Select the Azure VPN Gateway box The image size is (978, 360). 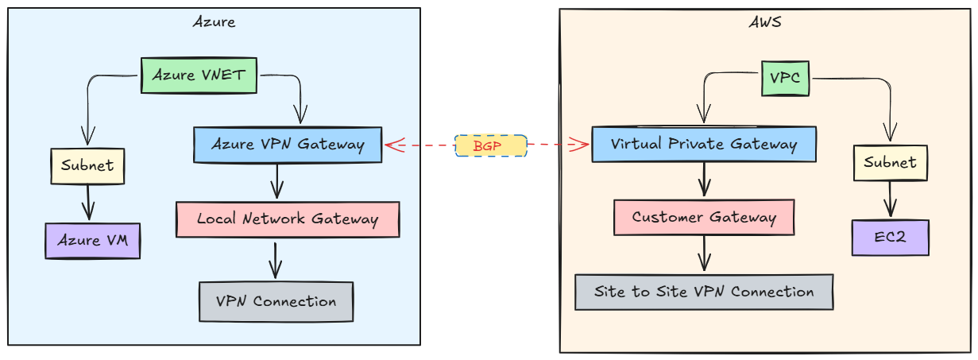288,145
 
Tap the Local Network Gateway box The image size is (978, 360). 287,219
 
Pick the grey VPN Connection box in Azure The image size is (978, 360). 276,302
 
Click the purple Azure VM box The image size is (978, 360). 92,240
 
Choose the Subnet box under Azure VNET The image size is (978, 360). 87,166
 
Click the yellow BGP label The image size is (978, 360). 490,145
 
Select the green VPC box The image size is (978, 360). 785,78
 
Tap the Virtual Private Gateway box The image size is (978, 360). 703,144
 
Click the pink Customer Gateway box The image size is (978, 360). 704,217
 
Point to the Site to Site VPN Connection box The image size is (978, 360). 704,292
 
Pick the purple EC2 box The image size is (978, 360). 890,238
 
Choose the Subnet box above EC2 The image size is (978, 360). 890,162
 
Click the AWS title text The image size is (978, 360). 765,22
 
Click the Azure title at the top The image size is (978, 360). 214,21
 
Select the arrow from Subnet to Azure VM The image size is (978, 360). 88,203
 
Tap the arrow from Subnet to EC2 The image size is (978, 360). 890,199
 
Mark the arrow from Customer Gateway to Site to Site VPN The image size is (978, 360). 704,254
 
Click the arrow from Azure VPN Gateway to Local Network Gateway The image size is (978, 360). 276,182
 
